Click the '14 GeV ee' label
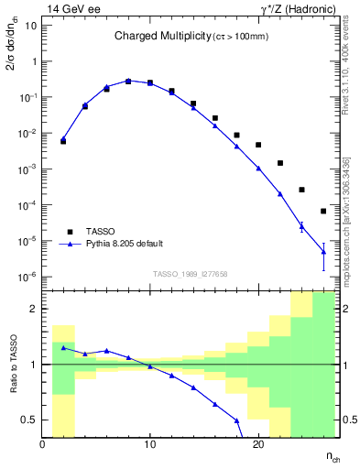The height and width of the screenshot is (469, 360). pyautogui.click(x=69, y=8)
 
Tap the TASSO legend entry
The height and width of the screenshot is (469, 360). pyautogui.click(x=102, y=232)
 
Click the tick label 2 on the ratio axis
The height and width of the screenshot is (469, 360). pyautogui.click(x=32, y=309)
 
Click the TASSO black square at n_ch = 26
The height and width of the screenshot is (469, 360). pyautogui.click(x=323, y=211)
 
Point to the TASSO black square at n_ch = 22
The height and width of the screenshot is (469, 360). pyautogui.click(x=280, y=163)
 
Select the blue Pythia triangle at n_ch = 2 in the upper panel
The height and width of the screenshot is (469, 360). pyautogui.click(x=63, y=140)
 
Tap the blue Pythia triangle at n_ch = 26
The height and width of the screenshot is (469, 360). pyautogui.click(x=323, y=251)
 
